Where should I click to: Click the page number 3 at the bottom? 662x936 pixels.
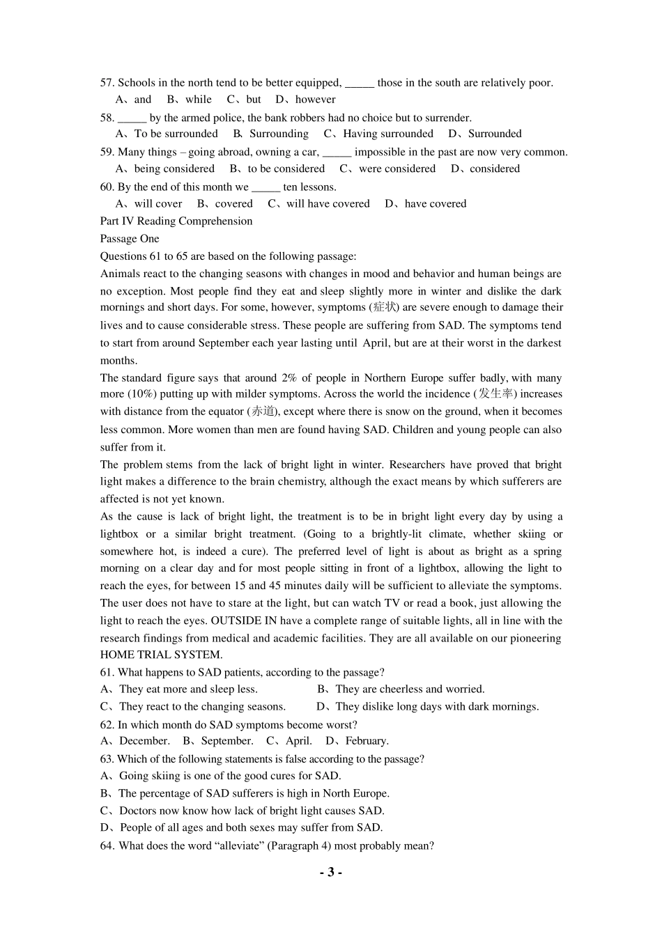point(331,872)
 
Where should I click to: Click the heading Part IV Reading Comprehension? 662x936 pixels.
point(176,221)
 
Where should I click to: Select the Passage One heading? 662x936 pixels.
point(130,238)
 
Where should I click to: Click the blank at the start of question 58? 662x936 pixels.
point(132,118)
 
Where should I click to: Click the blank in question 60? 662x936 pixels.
point(265,187)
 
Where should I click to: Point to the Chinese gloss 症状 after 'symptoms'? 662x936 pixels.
point(383,307)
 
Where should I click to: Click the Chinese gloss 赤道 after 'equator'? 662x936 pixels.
point(263,412)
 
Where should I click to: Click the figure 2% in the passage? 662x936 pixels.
point(288,377)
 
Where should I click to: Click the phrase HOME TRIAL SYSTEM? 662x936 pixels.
point(161,655)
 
